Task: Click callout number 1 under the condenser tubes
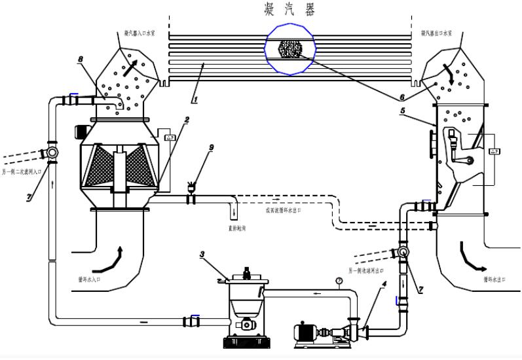pos(194,100)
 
